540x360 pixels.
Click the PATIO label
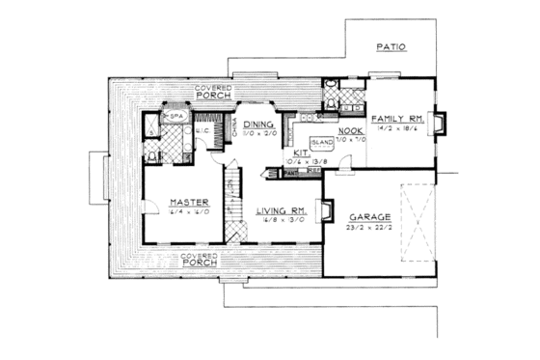pos(390,46)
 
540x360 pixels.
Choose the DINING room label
pos(258,125)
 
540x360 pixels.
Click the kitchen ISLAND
pos(321,142)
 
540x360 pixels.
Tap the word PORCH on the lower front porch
pos(198,262)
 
